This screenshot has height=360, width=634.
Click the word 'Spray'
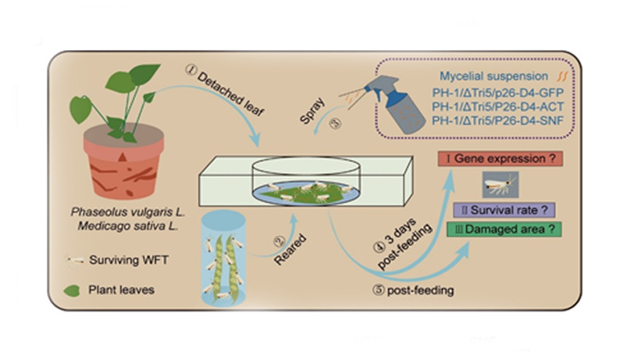pos(313,109)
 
